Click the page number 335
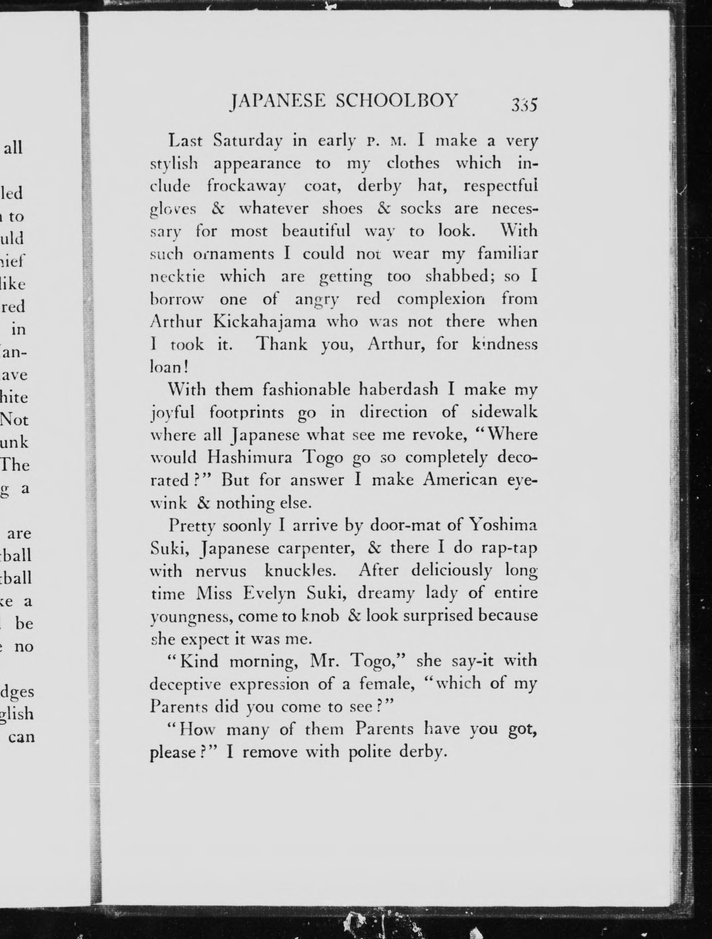(525, 104)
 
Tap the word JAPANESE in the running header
(277, 102)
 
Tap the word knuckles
(301, 571)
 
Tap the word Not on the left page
(15, 420)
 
